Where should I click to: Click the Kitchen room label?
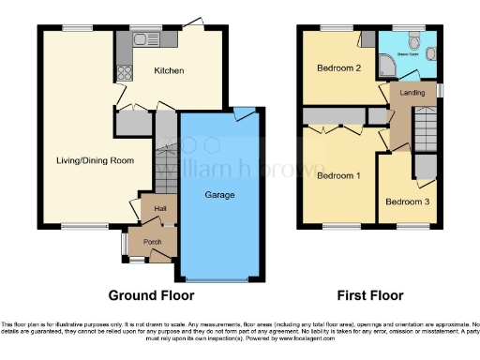coord(169,71)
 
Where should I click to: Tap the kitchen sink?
coord(143,39)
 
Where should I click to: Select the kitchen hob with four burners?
coord(122,71)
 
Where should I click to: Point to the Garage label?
coord(220,195)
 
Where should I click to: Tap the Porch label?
coord(152,241)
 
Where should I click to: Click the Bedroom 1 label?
coord(337,175)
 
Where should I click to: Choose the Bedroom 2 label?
coord(337,68)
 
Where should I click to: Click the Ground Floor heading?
coord(152,295)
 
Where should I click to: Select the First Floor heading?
coord(370,295)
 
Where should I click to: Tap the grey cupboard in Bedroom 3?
coord(425,167)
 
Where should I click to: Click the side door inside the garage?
coord(245,114)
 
